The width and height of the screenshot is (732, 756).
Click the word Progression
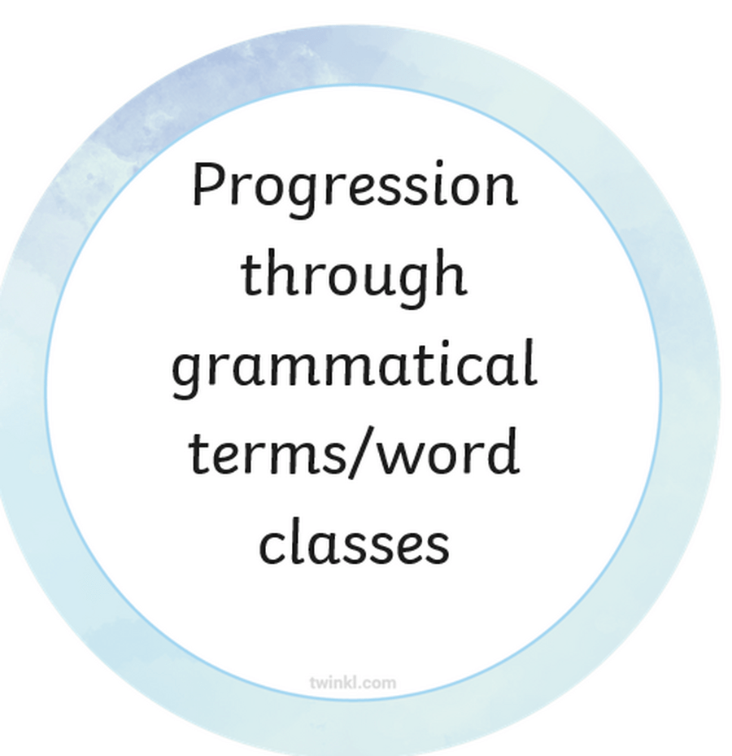[x=355, y=189]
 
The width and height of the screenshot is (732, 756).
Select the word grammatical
[x=355, y=367]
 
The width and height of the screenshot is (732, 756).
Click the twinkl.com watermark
[x=353, y=683]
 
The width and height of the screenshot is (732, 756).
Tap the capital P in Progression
[x=209, y=183]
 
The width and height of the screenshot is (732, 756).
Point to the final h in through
[x=450, y=272]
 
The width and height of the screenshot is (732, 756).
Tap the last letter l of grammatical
[x=531, y=361]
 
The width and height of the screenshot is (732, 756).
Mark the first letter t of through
[x=251, y=276]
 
